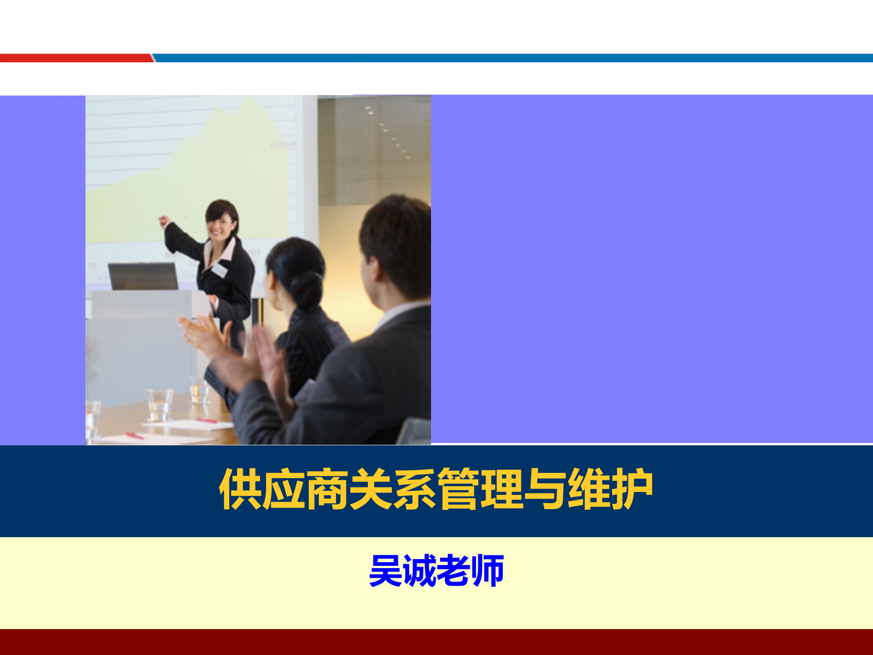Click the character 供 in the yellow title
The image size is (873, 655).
(x=240, y=489)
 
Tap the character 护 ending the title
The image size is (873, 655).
(x=632, y=489)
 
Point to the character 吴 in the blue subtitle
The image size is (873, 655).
(x=386, y=570)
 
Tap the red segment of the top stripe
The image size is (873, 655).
(x=75, y=58)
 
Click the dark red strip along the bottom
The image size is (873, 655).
(x=436, y=642)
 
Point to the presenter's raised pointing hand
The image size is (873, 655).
(x=164, y=222)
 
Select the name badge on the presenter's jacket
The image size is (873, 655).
(x=219, y=270)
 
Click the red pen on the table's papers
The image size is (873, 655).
(x=207, y=421)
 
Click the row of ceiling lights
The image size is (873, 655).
(x=386, y=130)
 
